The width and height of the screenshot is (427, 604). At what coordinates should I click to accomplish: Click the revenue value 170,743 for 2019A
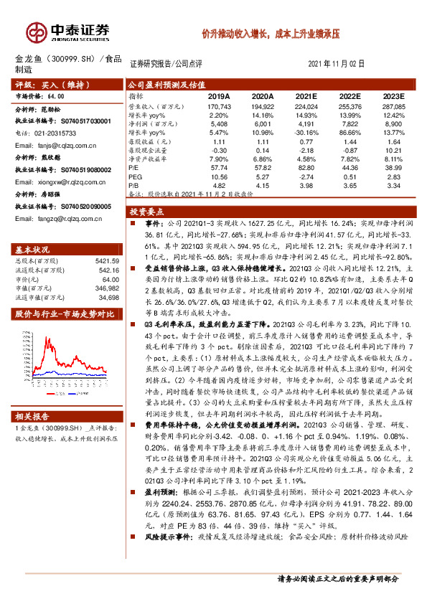pos(217,105)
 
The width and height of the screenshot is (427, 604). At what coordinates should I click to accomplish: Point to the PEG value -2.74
pos(306,175)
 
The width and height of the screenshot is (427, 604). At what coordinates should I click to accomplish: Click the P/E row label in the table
pos(133,166)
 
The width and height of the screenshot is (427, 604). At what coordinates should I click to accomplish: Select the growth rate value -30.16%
pos(306,132)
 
